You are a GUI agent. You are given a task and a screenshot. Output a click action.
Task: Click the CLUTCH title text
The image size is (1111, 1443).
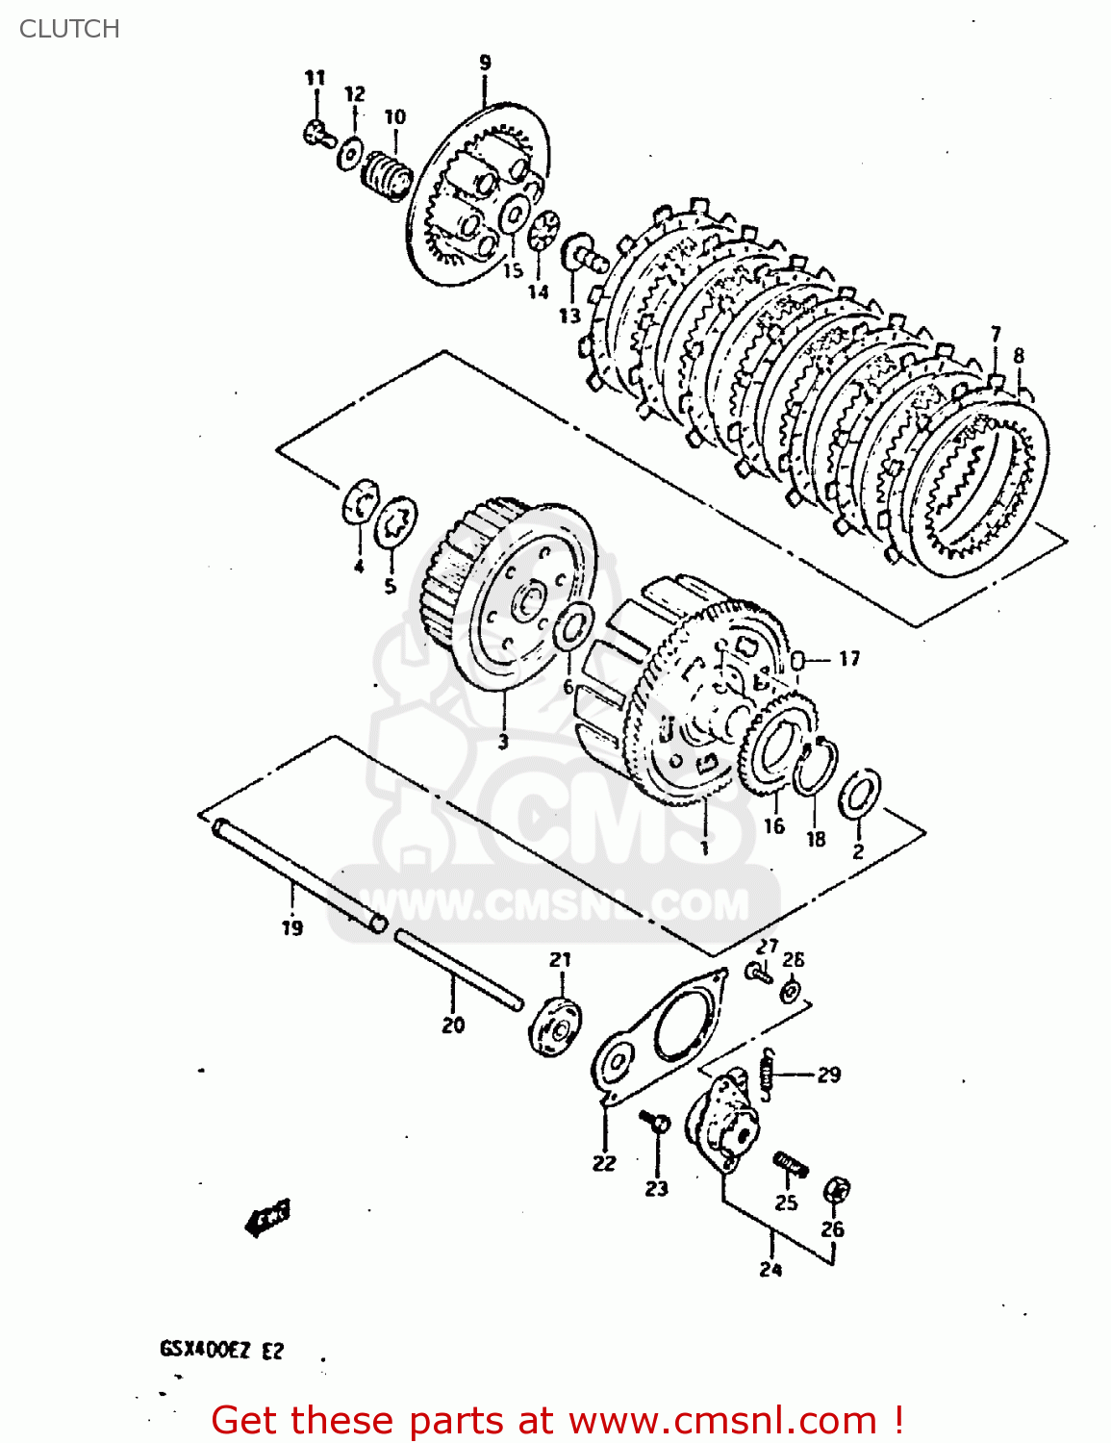(69, 29)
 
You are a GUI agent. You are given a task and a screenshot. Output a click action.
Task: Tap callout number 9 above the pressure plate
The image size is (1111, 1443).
(485, 63)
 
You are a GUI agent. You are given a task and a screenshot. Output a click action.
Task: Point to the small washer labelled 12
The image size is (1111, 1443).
(351, 152)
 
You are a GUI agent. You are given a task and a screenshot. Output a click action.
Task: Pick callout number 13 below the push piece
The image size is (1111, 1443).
(569, 315)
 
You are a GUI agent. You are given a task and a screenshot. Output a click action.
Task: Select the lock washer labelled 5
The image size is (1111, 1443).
(395, 523)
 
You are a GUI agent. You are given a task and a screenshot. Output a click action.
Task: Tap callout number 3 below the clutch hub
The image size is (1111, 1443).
(502, 742)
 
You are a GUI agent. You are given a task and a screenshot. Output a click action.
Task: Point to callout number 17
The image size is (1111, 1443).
(848, 659)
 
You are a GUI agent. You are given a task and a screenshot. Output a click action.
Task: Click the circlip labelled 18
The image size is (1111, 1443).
(815, 767)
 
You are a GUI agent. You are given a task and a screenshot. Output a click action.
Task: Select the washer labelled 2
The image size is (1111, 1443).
(859, 794)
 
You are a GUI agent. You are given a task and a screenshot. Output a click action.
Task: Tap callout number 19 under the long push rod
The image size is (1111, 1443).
(292, 927)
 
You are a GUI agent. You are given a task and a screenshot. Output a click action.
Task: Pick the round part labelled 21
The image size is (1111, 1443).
(556, 1027)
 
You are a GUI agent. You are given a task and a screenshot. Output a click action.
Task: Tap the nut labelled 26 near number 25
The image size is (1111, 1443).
(835, 1191)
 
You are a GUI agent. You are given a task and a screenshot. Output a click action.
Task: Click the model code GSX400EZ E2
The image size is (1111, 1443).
(221, 1351)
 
